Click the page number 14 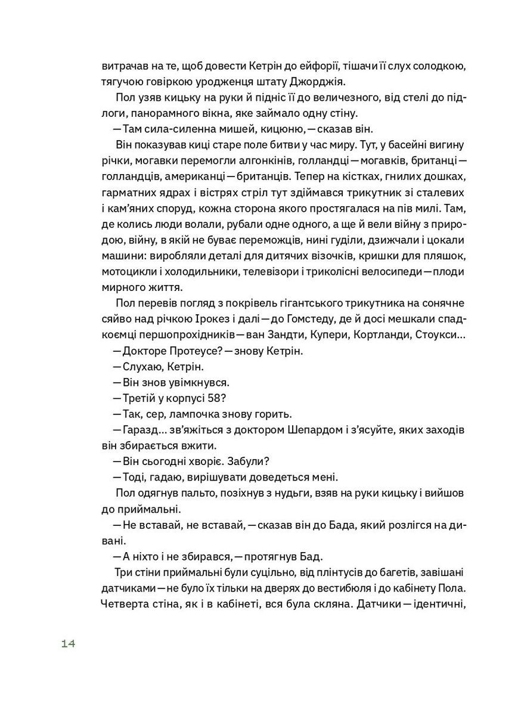click(x=67, y=644)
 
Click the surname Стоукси click(x=439, y=336)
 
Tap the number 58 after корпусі click(x=215, y=398)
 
